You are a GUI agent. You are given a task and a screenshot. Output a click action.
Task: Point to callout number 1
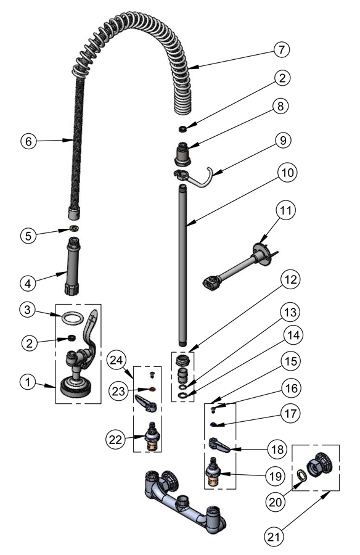tap(28, 382)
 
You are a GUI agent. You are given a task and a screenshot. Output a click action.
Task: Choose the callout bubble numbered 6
tap(28, 141)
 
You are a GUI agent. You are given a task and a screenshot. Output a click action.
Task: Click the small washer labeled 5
tap(73, 229)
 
